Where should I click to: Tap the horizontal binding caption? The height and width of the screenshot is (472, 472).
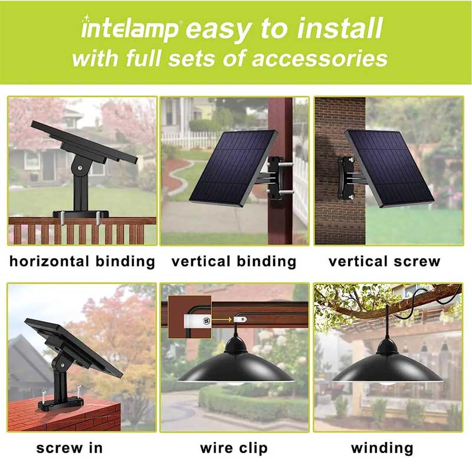(82, 261)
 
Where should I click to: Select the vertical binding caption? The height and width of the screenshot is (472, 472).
(234, 261)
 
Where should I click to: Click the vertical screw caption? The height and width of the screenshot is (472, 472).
(384, 261)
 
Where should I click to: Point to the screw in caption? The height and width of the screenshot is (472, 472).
(69, 448)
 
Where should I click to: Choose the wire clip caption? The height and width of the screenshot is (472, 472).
(234, 448)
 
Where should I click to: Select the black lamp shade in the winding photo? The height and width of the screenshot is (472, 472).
(386, 369)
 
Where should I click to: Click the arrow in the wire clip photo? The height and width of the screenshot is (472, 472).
(222, 322)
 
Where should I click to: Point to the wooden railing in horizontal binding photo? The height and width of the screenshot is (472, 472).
(82, 230)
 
